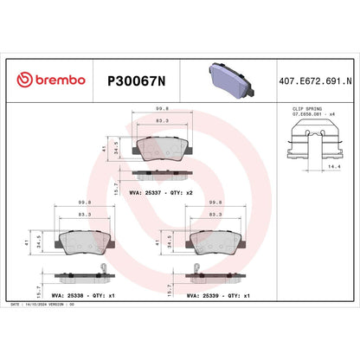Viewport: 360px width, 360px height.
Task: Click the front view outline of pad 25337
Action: tap(163, 141)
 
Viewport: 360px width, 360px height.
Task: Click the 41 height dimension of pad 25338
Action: tap(28, 244)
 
